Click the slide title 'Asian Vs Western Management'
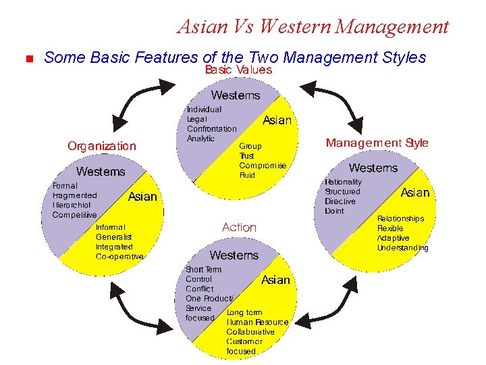(x=313, y=26)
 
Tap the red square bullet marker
(x=28, y=59)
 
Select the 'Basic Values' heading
(x=238, y=70)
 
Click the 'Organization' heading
(x=101, y=146)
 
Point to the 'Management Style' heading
(x=377, y=143)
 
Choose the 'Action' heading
(x=239, y=227)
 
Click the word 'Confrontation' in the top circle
(x=211, y=128)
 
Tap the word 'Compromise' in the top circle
(x=263, y=165)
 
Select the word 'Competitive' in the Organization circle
(x=74, y=215)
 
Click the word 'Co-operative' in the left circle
(x=119, y=257)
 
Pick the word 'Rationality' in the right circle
(x=343, y=182)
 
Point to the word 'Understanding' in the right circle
(x=402, y=248)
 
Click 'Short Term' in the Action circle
(x=203, y=269)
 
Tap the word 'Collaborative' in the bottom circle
(x=250, y=332)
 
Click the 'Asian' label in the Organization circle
(x=142, y=197)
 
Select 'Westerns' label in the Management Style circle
(x=373, y=168)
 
